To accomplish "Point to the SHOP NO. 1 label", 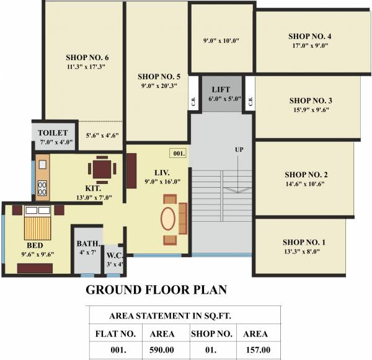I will [x=303, y=242].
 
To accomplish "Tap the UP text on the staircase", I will [x=239, y=150].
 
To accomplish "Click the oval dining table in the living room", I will [x=167, y=219].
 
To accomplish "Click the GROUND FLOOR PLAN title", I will [x=156, y=290].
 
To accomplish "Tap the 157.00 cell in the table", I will [x=258, y=350].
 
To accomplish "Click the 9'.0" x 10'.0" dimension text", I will [x=221, y=41].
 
